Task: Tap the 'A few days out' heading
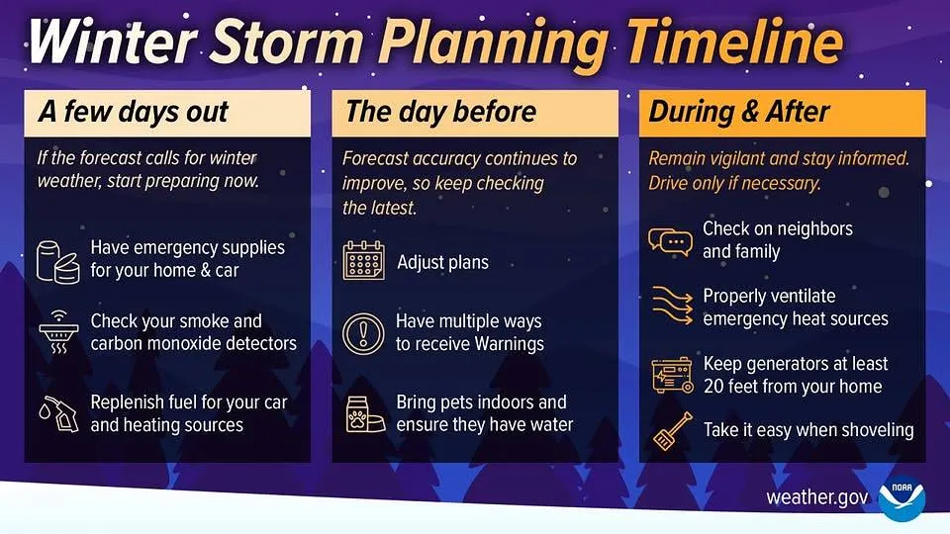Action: click(134, 112)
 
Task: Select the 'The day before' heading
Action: click(440, 112)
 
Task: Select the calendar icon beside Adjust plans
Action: click(363, 261)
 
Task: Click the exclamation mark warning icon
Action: click(363, 333)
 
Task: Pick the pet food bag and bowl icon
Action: click(363, 413)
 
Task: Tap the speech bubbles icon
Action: click(670, 240)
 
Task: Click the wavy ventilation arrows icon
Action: click(670, 307)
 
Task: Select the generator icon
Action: click(670, 375)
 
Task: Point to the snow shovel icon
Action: click(670, 430)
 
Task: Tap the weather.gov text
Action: click(817, 497)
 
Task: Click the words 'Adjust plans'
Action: click(442, 263)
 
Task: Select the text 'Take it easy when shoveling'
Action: click(807, 430)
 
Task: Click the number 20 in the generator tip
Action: click(714, 387)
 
